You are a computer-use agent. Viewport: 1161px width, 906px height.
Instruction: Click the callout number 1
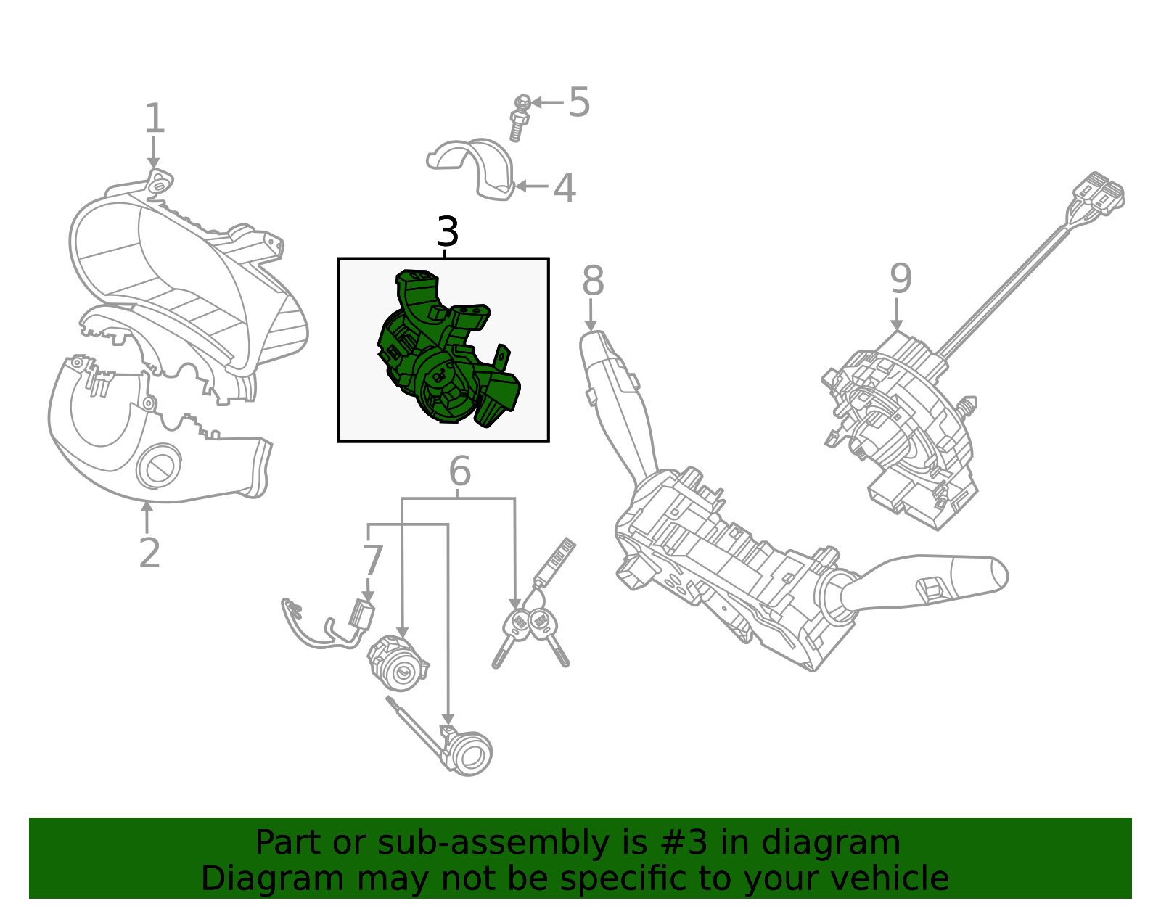click(155, 118)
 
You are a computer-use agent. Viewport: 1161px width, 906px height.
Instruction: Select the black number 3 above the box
click(447, 232)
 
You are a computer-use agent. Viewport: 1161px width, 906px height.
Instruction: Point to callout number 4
click(565, 189)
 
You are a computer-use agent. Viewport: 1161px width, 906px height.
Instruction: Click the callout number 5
click(579, 102)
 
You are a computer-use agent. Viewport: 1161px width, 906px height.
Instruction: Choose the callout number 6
click(459, 472)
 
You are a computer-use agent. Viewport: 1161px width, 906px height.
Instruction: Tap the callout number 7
click(372, 561)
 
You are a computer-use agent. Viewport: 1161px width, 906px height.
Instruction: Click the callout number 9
click(901, 279)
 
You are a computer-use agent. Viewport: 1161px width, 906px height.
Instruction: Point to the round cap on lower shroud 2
click(157, 467)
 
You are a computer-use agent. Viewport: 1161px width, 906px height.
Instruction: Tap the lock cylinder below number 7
click(396, 664)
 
